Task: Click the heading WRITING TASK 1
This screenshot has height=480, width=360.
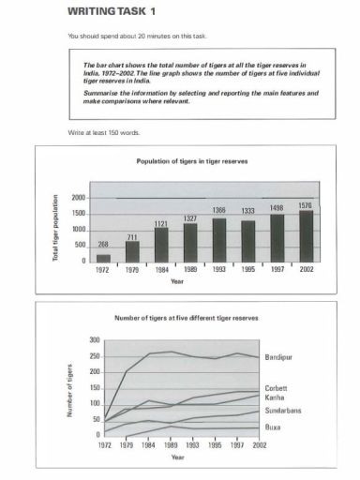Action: [x=105, y=12]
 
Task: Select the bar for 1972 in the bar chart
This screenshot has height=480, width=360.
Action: [x=103, y=257]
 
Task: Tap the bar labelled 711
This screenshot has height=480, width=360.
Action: [x=132, y=250]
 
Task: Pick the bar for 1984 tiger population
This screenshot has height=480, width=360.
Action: [x=161, y=244]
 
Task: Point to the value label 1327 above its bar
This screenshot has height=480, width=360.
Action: [x=190, y=217]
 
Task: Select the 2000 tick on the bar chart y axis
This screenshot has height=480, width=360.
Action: [x=79, y=199]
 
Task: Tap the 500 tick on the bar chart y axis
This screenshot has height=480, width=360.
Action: [x=82, y=246]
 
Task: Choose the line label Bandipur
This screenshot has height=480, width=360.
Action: [x=278, y=357]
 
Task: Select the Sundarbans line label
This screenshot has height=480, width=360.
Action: [x=281, y=410]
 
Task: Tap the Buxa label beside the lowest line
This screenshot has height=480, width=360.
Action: [x=273, y=427]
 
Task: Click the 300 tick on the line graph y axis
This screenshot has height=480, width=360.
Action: [x=93, y=339]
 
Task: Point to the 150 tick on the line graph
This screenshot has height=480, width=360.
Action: [x=93, y=387]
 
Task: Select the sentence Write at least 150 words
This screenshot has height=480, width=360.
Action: [x=105, y=132]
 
